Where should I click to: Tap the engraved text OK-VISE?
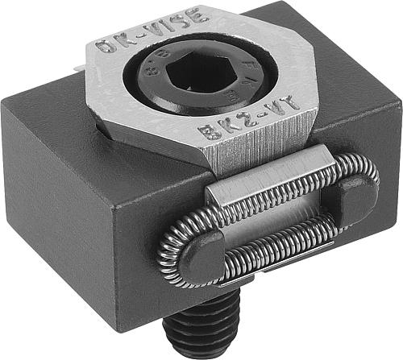pyautogui.click(x=151, y=32)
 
